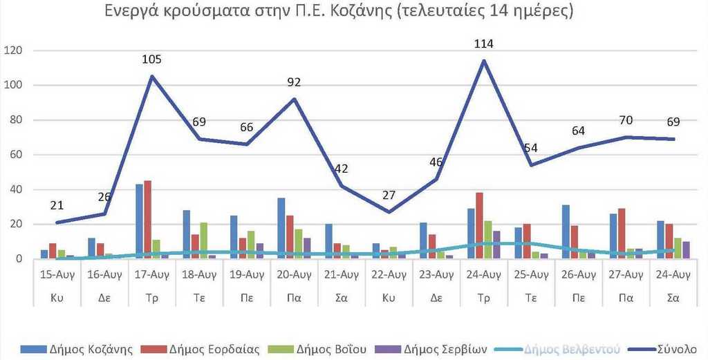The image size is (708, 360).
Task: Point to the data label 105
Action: (152, 60)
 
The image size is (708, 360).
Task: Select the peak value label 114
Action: (483, 44)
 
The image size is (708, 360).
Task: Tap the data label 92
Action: (295, 83)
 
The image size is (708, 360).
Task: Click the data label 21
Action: (58, 205)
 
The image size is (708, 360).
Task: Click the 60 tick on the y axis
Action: (17, 155)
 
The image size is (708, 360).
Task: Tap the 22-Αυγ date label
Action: (389, 274)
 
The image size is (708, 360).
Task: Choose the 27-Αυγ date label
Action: (625, 274)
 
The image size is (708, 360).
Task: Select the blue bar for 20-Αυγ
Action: (281, 229)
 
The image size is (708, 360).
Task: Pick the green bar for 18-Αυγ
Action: (203, 240)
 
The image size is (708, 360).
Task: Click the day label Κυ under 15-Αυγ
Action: (57, 298)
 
